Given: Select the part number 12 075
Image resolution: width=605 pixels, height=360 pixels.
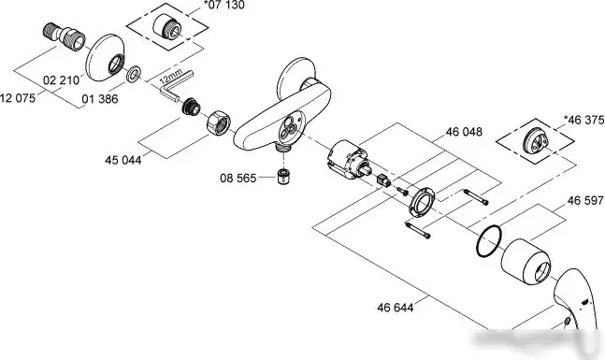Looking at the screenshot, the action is coord(18,97).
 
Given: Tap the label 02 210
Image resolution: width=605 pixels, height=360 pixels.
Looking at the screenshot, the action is coord(61,80).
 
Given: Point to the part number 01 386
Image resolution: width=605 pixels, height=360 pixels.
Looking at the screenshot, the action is coord(100,99).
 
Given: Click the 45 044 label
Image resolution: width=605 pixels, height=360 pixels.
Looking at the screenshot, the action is coord(123,159).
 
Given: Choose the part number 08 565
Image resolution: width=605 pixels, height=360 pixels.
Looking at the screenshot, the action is coord(238,178).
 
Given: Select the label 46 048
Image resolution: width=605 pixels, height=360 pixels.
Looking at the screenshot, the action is coord(464,132).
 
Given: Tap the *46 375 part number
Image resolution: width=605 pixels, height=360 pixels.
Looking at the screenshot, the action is coord(583,120).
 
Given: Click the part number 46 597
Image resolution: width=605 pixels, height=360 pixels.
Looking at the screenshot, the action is coord(585,200).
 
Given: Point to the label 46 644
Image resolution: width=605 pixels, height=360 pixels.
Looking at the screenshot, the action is coord(396,307).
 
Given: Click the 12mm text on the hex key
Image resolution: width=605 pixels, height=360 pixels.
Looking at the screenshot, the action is coord(170,77).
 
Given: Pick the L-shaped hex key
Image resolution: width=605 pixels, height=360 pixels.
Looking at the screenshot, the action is coord(176,86).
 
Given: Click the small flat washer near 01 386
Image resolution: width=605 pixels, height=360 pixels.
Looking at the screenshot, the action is coord(134,74).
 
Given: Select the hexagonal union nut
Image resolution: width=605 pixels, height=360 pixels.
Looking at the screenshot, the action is coord(218,122).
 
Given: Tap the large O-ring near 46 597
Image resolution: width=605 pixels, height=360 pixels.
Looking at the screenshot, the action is coord(489,241).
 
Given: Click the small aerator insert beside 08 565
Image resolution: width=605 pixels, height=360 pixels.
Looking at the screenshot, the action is coord(283,177).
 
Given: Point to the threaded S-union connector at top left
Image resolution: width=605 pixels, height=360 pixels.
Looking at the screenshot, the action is coord(64,36).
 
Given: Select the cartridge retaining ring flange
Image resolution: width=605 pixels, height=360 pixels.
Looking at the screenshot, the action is coord(422,201).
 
